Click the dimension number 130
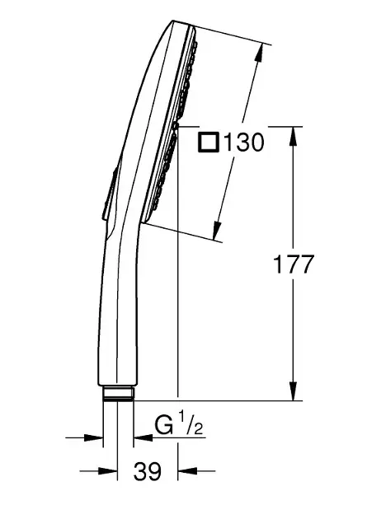pyautogui.click(x=244, y=143)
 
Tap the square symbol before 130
pyautogui.click(x=209, y=142)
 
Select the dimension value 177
pyautogui.click(x=293, y=264)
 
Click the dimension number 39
pyautogui.click(x=148, y=471)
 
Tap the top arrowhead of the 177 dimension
pyautogui.click(x=293, y=136)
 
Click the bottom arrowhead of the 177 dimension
pyautogui.click(x=293, y=391)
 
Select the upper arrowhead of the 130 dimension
pyautogui.click(x=259, y=52)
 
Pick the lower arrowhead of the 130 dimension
pyautogui.click(x=217, y=230)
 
